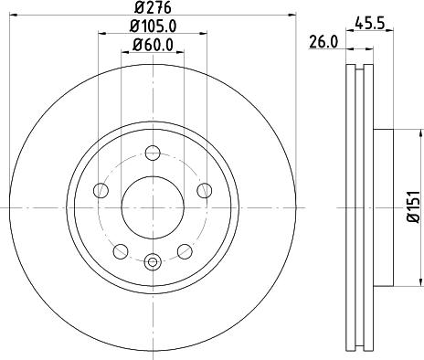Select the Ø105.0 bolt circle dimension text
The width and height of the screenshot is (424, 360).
click(x=152, y=26)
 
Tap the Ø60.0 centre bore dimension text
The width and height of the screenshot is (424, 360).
click(x=152, y=44)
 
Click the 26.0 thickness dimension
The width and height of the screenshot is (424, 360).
click(x=324, y=42)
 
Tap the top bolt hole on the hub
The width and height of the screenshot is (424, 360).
click(x=152, y=153)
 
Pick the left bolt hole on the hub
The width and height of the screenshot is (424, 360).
click(x=101, y=190)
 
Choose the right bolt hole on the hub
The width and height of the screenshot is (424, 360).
click(x=202, y=190)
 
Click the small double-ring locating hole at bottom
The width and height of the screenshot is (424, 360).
click(x=152, y=262)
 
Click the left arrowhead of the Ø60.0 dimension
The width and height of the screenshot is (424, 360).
click(x=124, y=51)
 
